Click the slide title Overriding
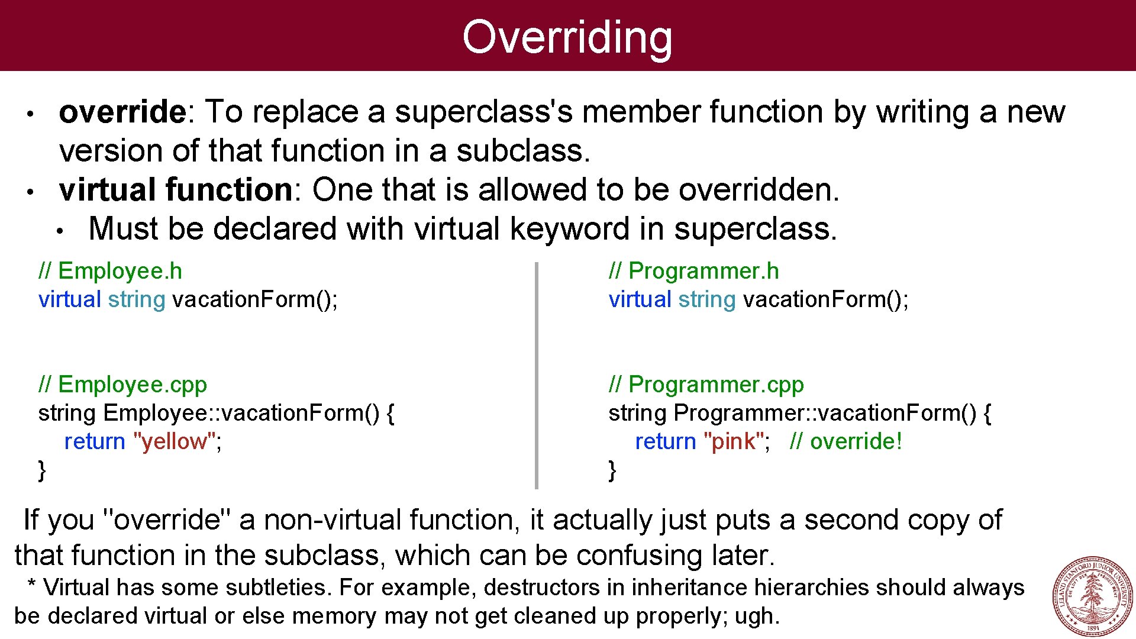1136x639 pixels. pyautogui.click(x=567, y=37)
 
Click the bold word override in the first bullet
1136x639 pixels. pyautogui.click(x=122, y=112)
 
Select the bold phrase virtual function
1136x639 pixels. pyautogui.click(x=175, y=190)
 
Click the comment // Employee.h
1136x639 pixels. pyautogui.click(x=110, y=271)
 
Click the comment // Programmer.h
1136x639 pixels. pyautogui.click(x=693, y=271)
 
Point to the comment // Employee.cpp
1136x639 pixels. pyautogui.click(x=122, y=385)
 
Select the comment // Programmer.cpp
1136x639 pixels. pyautogui.click(x=706, y=385)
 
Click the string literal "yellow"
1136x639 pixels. pyautogui.click(x=175, y=441)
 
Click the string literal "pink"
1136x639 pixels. pyautogui.click(x=733, y=441)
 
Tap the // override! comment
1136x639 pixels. pyautogui.click(x=845, y=441)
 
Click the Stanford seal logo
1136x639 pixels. pyautogui.click(x=1092, y=596)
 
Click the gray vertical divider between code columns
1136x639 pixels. pyautogui.click(x=537, y=376)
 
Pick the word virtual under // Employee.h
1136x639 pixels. pyautogui.click(x=70, y=299)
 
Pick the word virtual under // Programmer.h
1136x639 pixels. pyautogui.click(x=640, y=299)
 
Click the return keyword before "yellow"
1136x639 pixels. pyautogui.click(x=95, y=441)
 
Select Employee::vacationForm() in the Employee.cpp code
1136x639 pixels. pyautogui.click(x=241, y=413)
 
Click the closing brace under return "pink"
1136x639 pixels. pyautogui.click(x=612, y=470)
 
